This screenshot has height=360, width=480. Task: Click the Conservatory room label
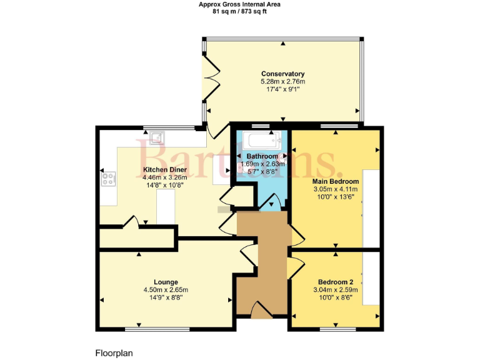(x=282, y=74)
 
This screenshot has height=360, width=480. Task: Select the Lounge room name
(x=166, y=281)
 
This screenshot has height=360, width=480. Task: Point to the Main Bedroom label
(x=335, y=181)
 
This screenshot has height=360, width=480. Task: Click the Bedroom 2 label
(x=335, y=281)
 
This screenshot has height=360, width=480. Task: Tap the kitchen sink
(x=156, y=137)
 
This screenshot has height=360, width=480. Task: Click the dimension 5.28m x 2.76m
(x=282, y=82)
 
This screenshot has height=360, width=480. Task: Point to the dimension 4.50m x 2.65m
(x=166, y=289)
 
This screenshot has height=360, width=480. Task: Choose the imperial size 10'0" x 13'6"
(x=335, y=197)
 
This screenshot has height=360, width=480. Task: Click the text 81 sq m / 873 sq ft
(x=239, y=11)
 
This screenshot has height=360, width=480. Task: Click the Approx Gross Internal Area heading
(x=239, y=4)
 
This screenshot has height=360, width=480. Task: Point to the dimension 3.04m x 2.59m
(x=335, y=289)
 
